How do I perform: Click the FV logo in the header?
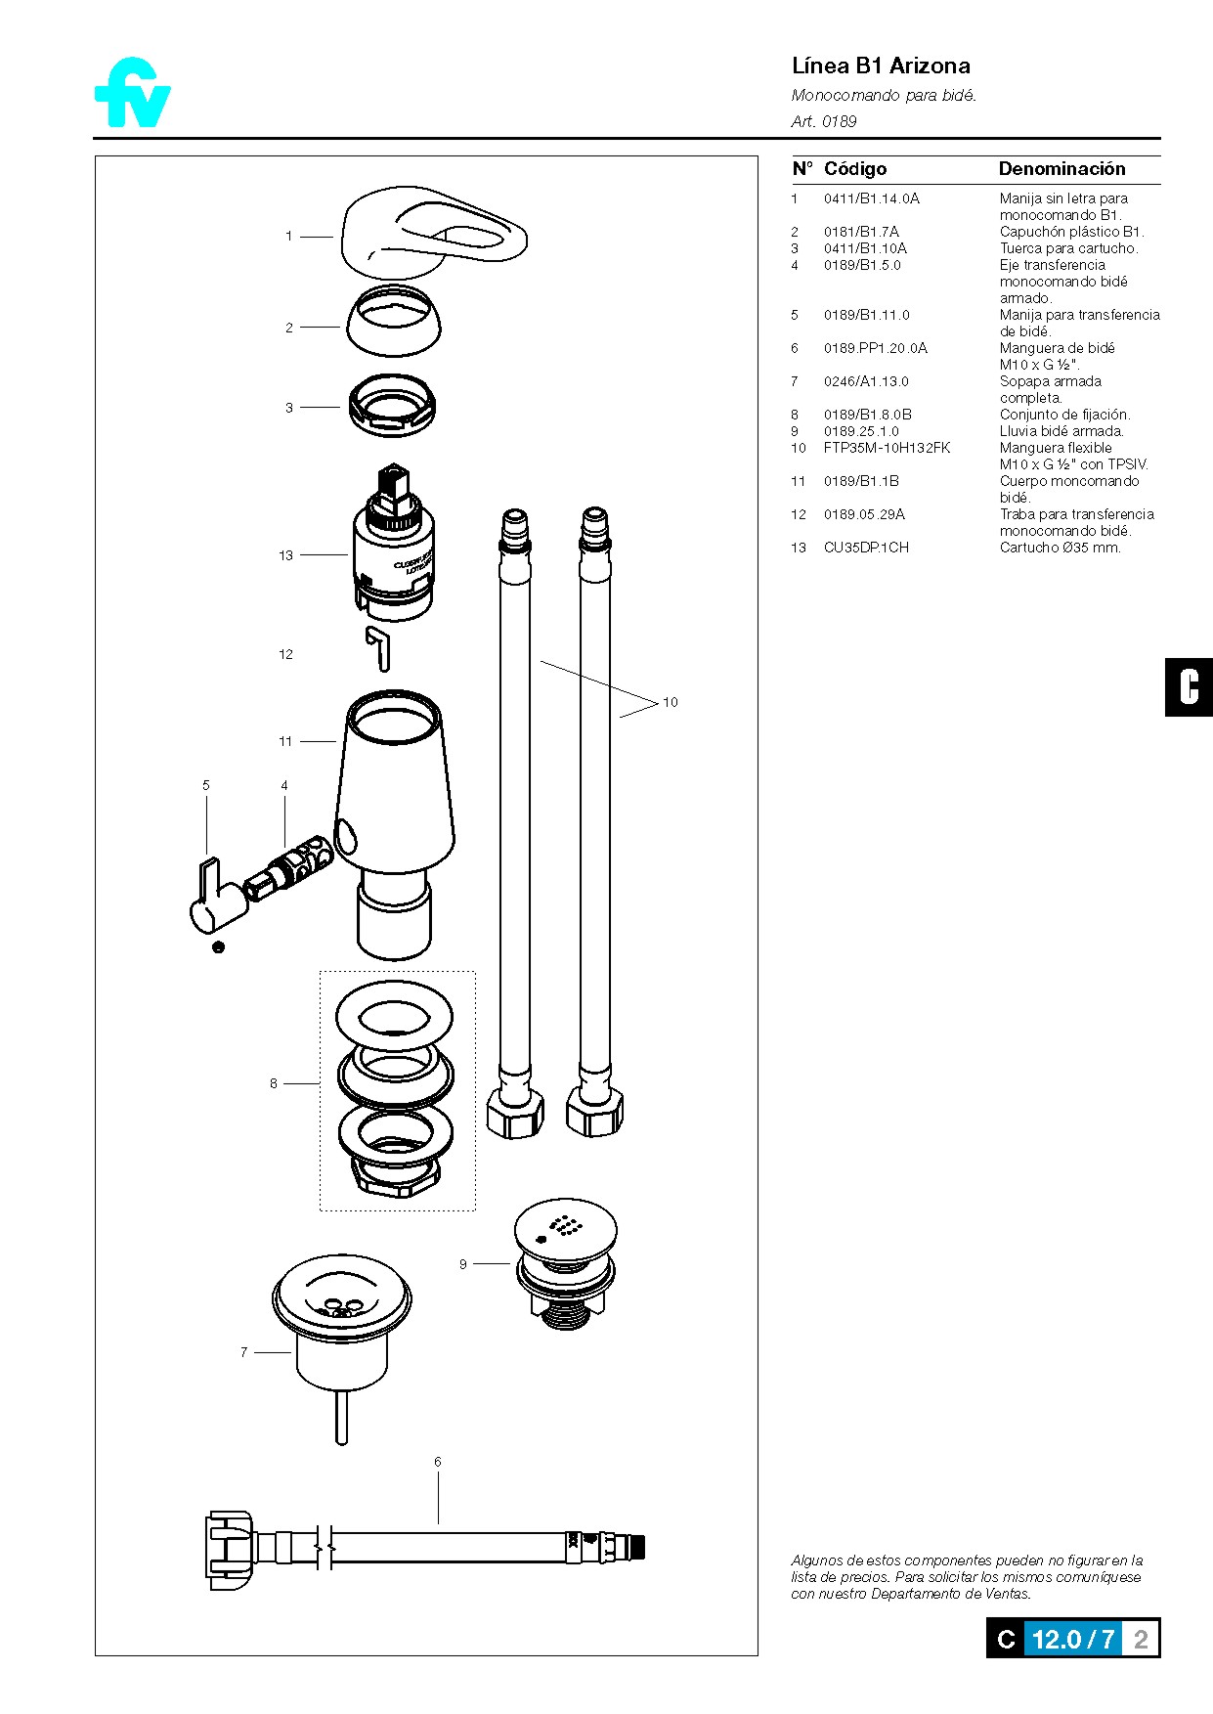[133, 94]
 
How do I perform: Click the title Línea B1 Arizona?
[880, 66]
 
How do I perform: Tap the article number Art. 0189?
[823, 121]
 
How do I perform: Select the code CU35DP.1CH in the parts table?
[865, 548]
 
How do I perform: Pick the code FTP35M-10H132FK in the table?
[886, 448]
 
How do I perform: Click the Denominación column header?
[1061, 169]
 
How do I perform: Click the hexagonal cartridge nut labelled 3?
[392, 406]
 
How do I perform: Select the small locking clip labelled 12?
[379, 648]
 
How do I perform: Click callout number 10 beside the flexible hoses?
[670, 702]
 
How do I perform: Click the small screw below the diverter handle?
[218, 946]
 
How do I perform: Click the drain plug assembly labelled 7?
[341, 1335]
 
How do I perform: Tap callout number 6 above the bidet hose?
[437, 1462]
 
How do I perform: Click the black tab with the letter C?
[1188, 687]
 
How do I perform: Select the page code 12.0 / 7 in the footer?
[1072, 1640]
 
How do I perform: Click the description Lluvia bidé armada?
[1061, 431]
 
